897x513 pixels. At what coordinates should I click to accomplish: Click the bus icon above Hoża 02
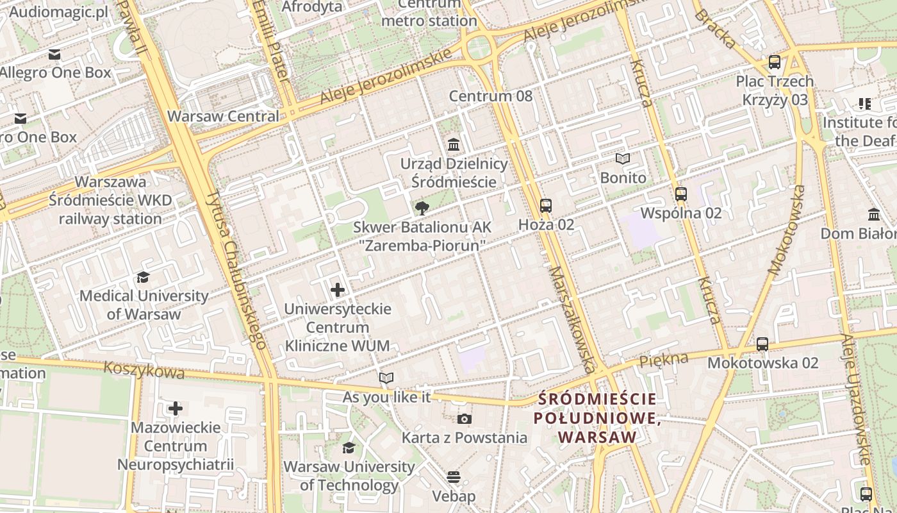coord(545,206)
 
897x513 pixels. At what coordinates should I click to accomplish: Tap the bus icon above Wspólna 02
coord(681,194)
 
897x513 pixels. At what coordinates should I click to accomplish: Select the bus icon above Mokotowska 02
coord(762,344)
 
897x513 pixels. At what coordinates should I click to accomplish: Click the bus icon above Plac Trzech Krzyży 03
coord(775,62)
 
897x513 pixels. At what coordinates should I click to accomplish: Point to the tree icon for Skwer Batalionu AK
coord(422,208)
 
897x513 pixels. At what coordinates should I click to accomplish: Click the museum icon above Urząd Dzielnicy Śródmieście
coord(454,144)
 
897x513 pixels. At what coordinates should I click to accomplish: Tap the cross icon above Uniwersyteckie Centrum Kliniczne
coord(338,290)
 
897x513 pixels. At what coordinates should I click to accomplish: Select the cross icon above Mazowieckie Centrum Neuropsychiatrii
coord(176,408)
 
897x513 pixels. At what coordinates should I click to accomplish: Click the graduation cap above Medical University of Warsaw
coord(143,277)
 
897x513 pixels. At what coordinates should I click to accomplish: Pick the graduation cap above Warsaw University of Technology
coord(349,448)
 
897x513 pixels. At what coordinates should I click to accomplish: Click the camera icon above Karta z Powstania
coord(465,419)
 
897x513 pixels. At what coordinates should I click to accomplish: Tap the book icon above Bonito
coord(623,158)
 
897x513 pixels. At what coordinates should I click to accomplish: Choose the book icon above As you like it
coord(386,378)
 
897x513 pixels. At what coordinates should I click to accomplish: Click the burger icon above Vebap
coord(454,477)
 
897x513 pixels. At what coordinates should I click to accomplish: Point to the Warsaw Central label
coord(223,117)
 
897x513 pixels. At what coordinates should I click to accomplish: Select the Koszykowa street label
coord(144,370)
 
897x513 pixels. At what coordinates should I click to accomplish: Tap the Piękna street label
coord(664,359)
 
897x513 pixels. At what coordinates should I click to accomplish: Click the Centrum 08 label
coord(491,96)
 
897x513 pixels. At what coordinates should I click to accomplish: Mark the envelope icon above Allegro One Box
coord(54,55)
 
